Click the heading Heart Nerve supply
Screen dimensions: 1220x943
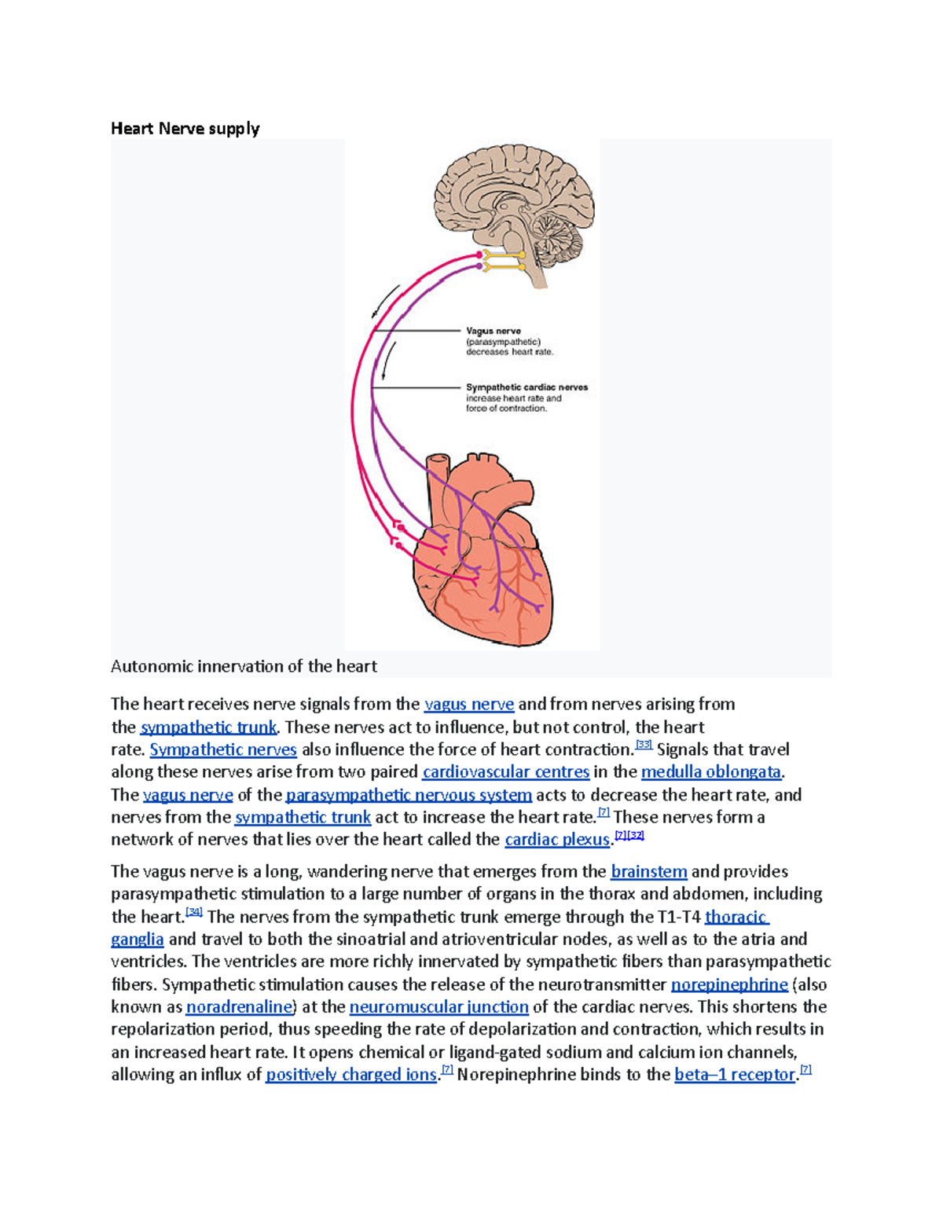(x=185, y=128)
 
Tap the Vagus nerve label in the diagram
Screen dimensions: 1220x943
(x=494, y=332)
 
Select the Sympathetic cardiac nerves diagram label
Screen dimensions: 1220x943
(x=527, y=387)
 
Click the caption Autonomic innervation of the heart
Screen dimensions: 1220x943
(x=244, y=667)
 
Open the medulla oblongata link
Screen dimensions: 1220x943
(x=711, y=772)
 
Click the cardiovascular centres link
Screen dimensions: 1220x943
(x=505, y=772)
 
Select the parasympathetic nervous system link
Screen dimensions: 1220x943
(x=409, y=795)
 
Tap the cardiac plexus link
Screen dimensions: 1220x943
(x=557, y=840)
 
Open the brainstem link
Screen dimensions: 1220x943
(x=648, y=872)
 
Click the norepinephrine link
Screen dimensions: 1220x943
(x=729, y=985)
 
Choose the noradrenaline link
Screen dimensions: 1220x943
(x=239, y=1007)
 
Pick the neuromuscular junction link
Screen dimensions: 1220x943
(x=438, y=1007)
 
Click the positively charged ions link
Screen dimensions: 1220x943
(x=350, y=1075)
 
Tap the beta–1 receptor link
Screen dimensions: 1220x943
(x=735, y=1075)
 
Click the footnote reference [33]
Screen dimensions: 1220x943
(x=644, y=744)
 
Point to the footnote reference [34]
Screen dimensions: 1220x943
(x=193, y=912)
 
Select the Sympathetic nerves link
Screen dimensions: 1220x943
(x=223, y=750)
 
